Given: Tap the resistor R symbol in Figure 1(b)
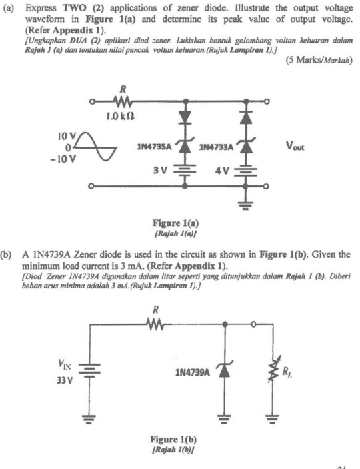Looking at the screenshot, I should tap(155, 324).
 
